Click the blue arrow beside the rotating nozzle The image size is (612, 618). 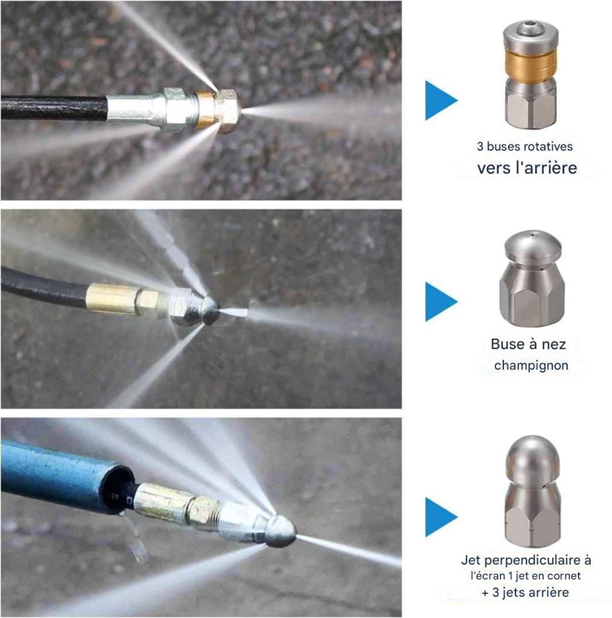coord(440,100)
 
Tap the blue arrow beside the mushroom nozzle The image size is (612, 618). coord(440,301)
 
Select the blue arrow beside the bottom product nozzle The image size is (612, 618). coord(440,517)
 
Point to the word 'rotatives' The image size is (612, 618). coord(547,146)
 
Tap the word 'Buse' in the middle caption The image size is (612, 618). coord(507,344)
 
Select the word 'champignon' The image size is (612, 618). coord(531,366)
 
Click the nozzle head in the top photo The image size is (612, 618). coord(227,110)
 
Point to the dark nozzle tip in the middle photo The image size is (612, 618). coord(210,310)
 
